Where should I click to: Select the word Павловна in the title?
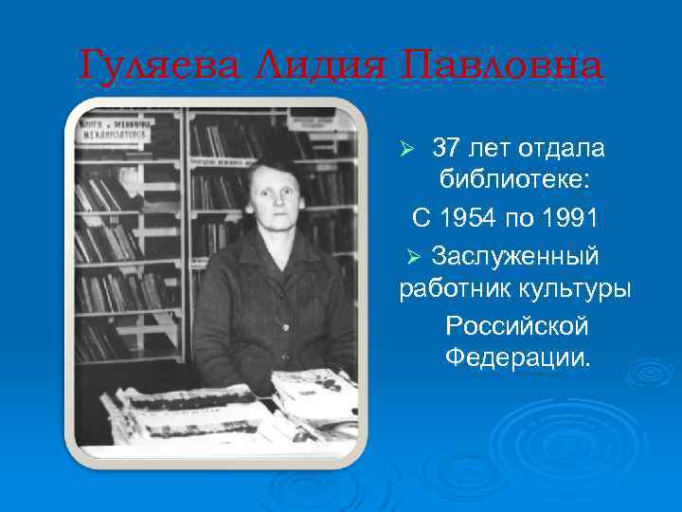(x=501, y=66)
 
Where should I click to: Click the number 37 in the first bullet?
(x=446, y=149)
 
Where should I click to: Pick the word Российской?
(x=516, y=325)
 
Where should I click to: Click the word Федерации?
(x=516, y=359)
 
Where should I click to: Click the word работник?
(x=456, y=289)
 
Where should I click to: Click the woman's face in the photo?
(x=275, y=197)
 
